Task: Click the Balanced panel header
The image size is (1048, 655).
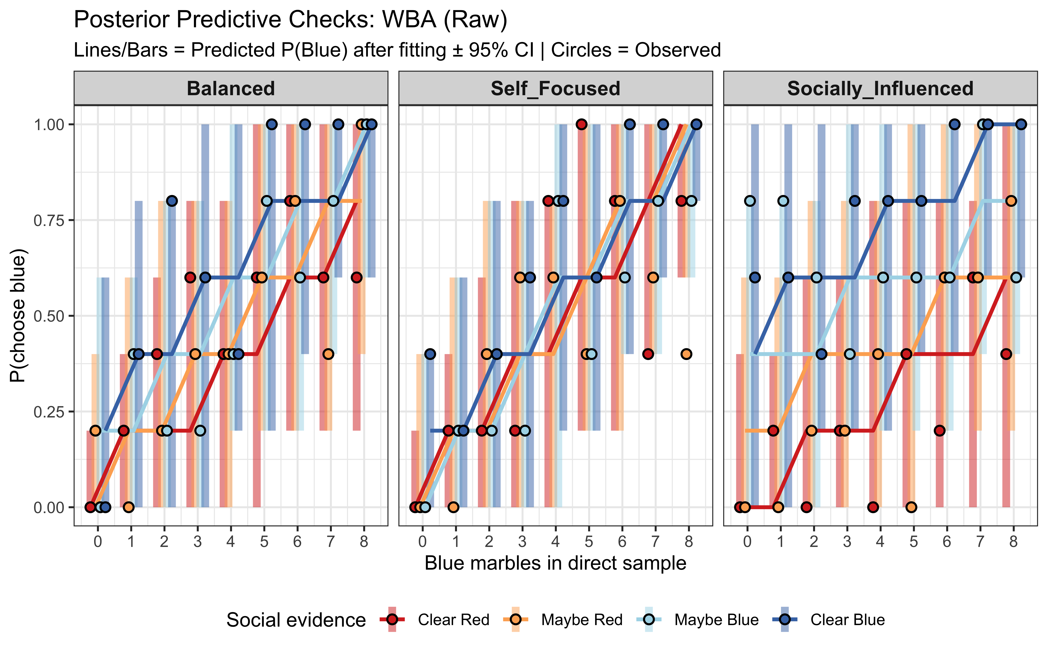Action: [x=231, y=88]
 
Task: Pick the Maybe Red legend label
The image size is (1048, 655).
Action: [x=582, y=619]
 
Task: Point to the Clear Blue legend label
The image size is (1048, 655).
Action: [x=848, y=619]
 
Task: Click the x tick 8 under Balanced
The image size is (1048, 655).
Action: [x=364, y=541]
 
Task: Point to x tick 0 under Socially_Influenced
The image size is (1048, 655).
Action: [x=747, y=541]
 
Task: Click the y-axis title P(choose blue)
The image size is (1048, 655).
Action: [x=18, y=315]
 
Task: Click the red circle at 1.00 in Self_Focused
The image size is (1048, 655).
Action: [x=582, y=124]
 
